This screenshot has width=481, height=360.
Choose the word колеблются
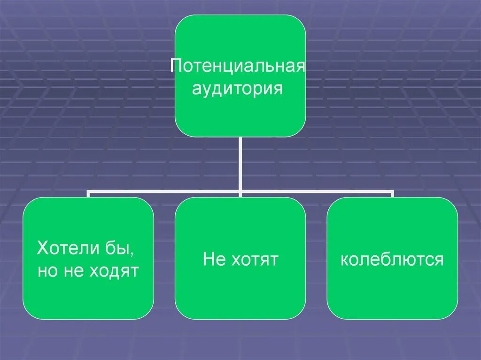392,259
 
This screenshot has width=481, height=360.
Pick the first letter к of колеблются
345,260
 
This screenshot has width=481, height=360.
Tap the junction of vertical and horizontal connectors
240,192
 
